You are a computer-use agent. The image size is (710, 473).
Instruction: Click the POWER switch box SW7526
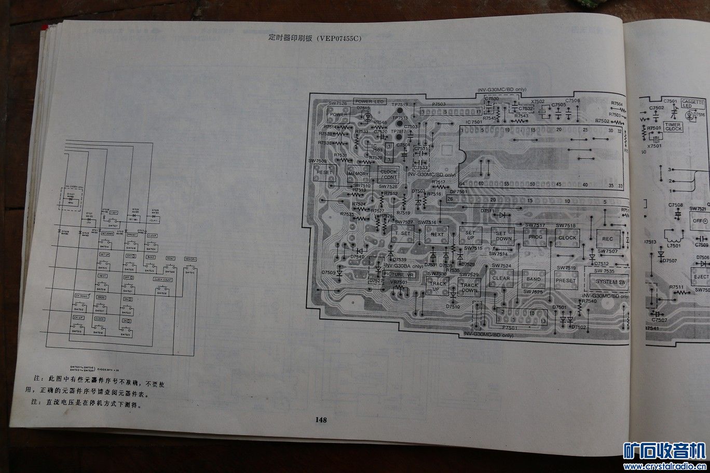(338, 114)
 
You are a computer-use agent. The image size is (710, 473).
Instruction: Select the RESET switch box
(324, 172)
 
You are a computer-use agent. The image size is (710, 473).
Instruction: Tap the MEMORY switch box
(358, 174)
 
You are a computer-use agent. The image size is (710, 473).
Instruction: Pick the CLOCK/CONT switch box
(388, 174)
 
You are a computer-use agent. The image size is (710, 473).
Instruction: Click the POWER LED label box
(370, 102)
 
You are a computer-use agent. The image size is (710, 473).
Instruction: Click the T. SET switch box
(403, 233)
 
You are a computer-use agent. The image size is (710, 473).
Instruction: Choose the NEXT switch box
(436, 234)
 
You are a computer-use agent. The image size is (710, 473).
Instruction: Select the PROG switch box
(535, 237)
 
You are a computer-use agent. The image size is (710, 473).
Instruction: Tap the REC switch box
(608, 239)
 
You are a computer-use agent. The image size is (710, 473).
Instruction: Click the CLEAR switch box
(501, 278)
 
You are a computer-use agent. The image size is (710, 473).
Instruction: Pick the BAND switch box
(533, 279)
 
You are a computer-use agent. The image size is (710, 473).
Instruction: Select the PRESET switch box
(566, 281)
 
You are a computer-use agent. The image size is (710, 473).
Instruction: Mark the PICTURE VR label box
(399, 274)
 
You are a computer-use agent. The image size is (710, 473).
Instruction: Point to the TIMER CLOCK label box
(673, 127)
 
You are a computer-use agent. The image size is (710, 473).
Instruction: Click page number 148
(321, 420)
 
